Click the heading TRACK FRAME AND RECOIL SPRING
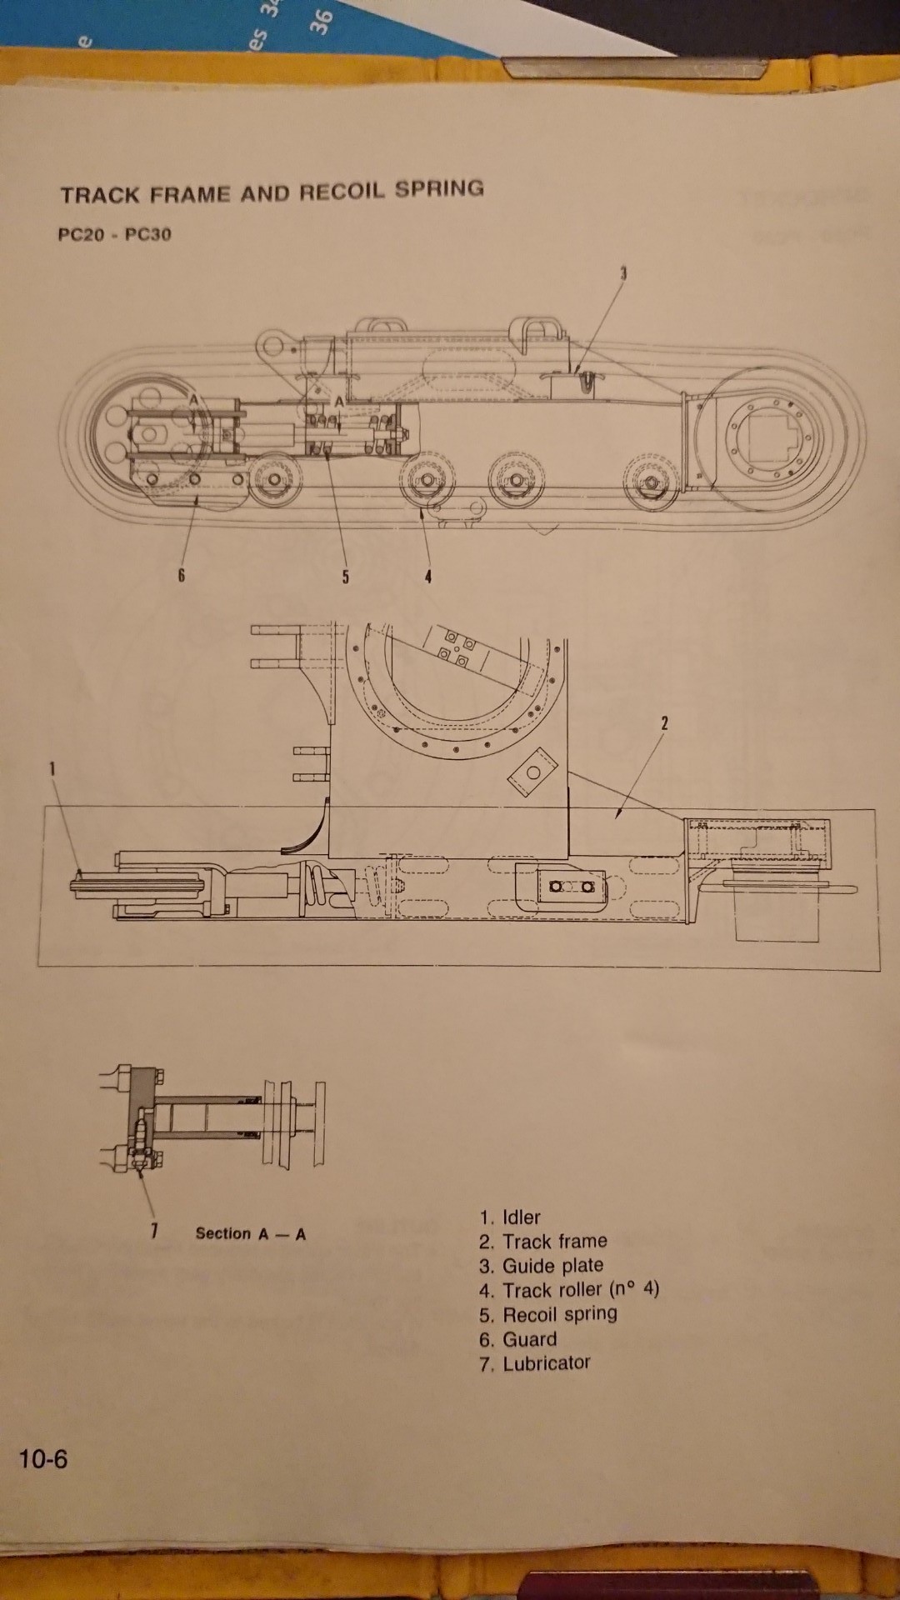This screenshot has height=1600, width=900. pyautogui.click(x=272, y=192)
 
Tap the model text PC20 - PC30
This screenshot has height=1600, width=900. pyautogui.click(x=114, y=234)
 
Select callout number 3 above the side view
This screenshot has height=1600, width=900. pyautogui.click(x=622, y=272)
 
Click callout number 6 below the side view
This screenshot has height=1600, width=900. pyautogui.click(x=181, y=575)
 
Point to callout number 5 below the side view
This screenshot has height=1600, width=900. pyautogui.click(x=345, y=576)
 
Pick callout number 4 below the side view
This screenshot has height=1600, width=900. pyautogui.click(x=427, y=576)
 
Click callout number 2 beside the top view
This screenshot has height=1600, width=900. pyautogui.click(x=664, y=723)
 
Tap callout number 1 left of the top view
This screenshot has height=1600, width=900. pyautogui.click(x=52, y=768)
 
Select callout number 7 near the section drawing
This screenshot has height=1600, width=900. pyautogui.click(x=154, y=1230)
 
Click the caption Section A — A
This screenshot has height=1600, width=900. pyautogui.click(x=250, y=1233)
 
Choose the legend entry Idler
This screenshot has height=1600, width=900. pyautogui.click(x=510, y=1217)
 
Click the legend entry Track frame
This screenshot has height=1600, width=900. pyautogui.click(x=543, y=1242)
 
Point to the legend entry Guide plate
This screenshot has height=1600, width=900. pyautogui.click(x=541, y=1266)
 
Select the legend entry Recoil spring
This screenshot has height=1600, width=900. pyautogui.click(x=548, y=1314)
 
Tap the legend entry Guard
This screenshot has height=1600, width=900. pyautogui.click(x=517, y=1339)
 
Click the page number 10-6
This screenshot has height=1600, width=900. pyautogui.click(x=43, y=1458)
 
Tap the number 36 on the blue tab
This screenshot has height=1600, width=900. pyautogui.click(x=322, y=18)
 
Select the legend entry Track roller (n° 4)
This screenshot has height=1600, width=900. pyautogui.click(x=569, y=1290)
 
